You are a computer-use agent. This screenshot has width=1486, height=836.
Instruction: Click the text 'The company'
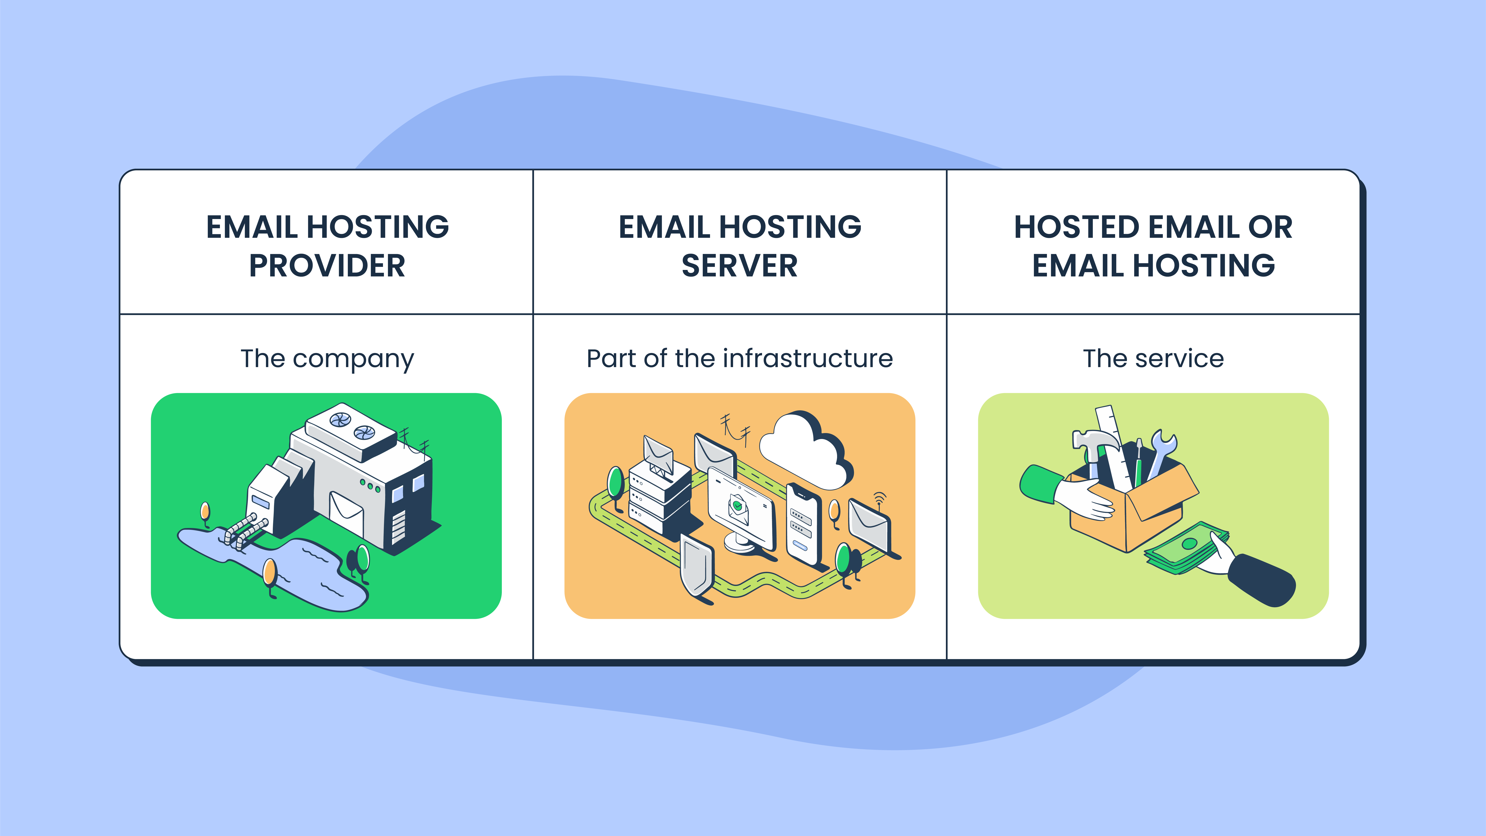[x=327, y=359]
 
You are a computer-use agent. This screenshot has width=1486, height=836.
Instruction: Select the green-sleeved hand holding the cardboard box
[x=1067, y=490]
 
